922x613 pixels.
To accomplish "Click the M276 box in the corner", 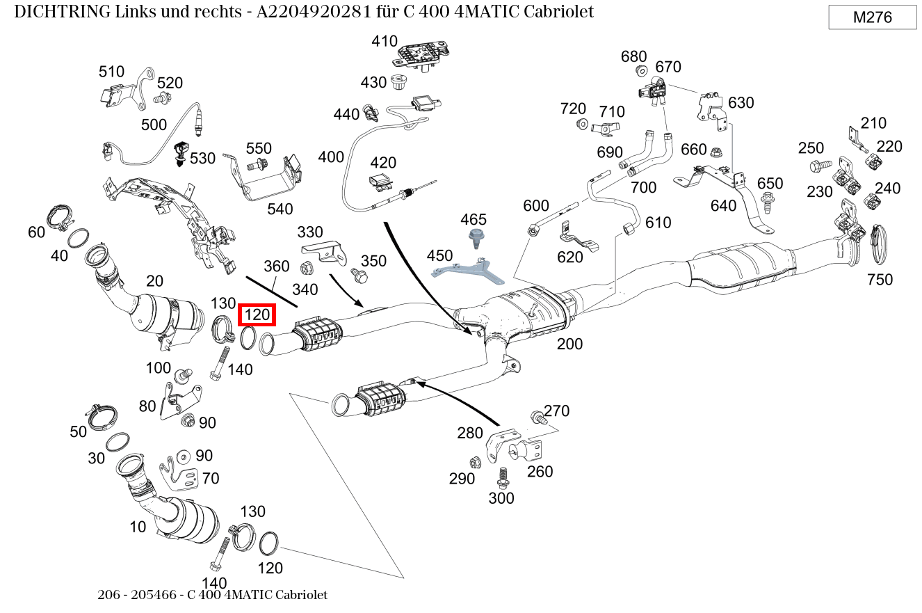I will pos(872,17).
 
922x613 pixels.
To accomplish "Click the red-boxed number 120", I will pos(257,315).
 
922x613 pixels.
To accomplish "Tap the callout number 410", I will pos(384,41).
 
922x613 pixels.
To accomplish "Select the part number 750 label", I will pos(880,280).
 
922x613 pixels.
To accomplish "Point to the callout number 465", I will pos(474,220).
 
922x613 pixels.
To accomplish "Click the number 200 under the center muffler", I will pos(569,344).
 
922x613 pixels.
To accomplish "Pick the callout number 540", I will pos(280,209).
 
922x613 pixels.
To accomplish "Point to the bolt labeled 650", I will pos(768,204).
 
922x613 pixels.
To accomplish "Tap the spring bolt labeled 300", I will pos(502,477).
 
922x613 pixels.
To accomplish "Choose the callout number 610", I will pos(658,223).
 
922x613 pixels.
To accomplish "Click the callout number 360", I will pos(276,266).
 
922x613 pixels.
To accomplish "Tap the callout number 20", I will pos(154,280).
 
